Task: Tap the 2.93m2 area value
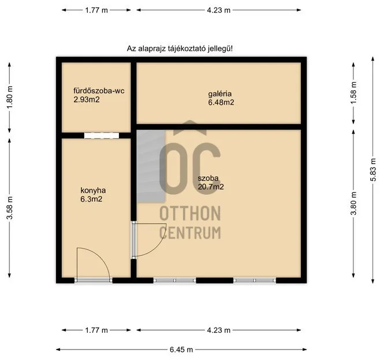(87, 99)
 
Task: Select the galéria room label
(220, 94)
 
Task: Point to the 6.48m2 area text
(221, 102)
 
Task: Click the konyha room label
(93, 190)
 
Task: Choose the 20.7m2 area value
(211, 187)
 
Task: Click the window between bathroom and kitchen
(101, 136)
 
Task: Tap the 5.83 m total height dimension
(372, 170)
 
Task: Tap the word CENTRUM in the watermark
(190, 233)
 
